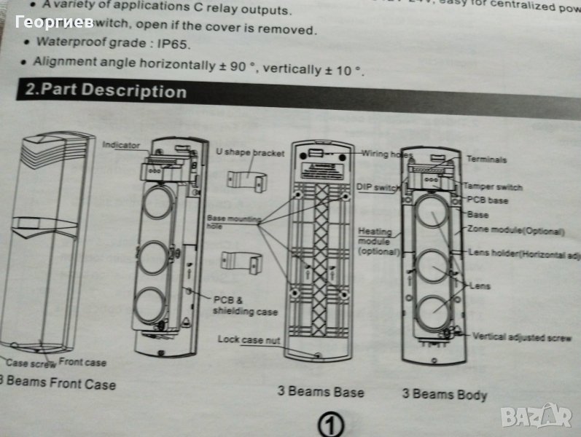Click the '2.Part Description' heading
106,91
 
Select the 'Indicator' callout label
120,145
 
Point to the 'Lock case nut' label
248,339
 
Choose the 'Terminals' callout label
486,159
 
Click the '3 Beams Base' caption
320,392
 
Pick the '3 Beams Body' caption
444,394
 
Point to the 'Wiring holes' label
387,154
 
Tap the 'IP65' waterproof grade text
175,43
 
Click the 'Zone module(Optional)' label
517,231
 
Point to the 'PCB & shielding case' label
244,306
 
